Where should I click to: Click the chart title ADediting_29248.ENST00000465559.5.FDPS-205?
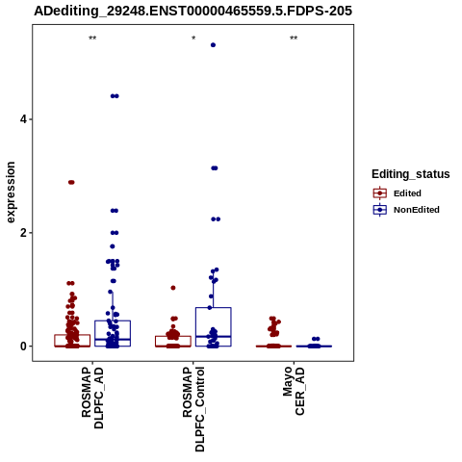pos(192,12)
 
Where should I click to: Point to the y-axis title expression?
pos(11,192)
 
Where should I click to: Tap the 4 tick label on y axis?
pos(23,119)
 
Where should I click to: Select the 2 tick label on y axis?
pos(23,233)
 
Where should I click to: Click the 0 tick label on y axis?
pos(23,346)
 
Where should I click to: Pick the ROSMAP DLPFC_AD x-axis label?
pos(92,398)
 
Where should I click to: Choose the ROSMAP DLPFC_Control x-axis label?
pos(193,409)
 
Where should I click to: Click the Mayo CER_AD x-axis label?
pos(294,391)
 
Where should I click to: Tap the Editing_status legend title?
pos(411,174)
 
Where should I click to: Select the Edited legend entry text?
pos(407,193)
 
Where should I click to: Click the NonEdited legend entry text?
pos(417,210)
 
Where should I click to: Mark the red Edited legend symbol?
pos(380,193)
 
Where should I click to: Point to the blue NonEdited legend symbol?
pos(380,210)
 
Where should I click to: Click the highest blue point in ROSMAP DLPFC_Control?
pos(213,45)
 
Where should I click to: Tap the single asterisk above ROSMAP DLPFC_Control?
pos(193,38)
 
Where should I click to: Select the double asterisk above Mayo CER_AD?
pos(294,38)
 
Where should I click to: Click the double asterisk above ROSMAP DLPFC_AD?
pos(92,38)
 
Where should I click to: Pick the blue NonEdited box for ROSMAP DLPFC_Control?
pos(214,326)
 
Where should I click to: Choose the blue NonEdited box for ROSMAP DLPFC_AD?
pos(113,333)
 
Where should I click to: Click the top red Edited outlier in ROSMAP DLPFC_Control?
pos(173,288)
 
